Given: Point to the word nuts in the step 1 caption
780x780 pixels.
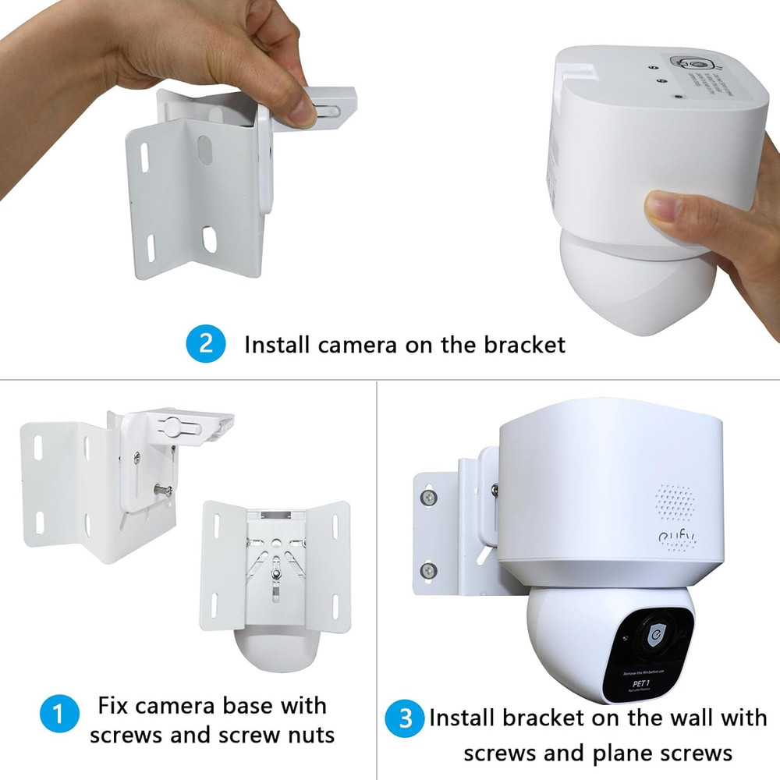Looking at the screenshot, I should coord(303,735).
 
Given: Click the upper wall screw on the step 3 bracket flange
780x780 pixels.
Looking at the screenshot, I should coord(427,496).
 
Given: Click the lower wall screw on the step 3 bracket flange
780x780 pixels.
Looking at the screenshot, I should coord(427,571).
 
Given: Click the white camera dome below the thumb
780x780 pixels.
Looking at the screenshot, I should coord(624,289).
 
